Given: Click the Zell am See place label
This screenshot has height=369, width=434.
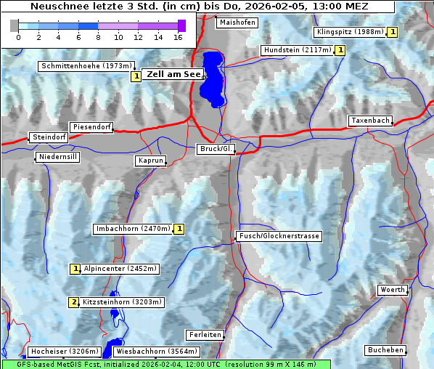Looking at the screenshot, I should pos(173,74).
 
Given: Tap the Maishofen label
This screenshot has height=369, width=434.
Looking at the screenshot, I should pos(237,23).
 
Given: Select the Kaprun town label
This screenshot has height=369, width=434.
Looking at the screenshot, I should pos(151,161).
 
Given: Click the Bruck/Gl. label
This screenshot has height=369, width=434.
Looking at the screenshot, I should pos(216,149).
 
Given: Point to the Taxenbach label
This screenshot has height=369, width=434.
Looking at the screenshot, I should pos(370,121).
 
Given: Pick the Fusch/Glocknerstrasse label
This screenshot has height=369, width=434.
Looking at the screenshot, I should pos(279,236).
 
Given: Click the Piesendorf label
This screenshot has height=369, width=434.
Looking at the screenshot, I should pos(91,127).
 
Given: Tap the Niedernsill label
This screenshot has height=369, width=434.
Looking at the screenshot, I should pos(57,157).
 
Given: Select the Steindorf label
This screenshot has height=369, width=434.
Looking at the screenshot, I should pos(49,137).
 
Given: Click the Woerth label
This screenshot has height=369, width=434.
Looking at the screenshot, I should pos(393,290).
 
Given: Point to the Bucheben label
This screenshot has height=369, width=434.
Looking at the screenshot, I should pos(385,350).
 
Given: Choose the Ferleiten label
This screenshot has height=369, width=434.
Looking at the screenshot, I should pos(204,335).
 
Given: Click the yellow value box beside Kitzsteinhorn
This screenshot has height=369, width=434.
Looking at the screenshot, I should pos(73,302).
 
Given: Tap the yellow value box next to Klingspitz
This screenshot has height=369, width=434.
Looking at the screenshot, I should pos(393,32).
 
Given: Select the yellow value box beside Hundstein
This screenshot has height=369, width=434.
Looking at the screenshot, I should pos(340,50).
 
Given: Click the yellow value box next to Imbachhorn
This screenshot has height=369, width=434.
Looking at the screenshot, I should pos(179,229).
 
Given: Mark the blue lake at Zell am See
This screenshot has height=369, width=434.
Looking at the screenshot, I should pos(213,76).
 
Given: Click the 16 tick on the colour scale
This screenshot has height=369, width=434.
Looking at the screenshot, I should pos(178,36).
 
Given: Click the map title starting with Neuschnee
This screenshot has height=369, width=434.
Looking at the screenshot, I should pos(199,7).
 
